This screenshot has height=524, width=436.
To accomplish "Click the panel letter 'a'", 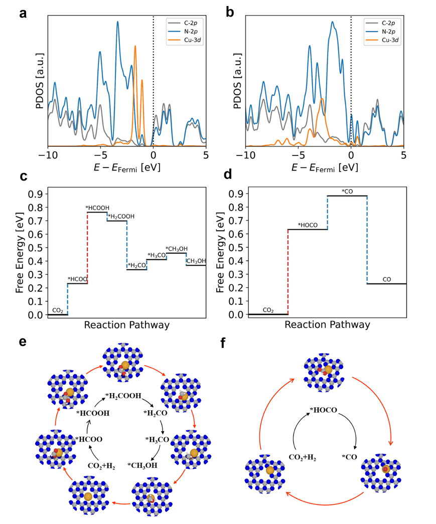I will (23, 14).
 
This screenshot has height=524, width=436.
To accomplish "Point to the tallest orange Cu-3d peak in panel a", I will (135, 47).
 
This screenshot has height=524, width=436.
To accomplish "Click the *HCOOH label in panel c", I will (97, 208).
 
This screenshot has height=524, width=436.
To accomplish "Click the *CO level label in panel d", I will (347, 191).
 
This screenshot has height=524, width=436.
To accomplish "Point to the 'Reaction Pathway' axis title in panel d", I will (327, 324).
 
